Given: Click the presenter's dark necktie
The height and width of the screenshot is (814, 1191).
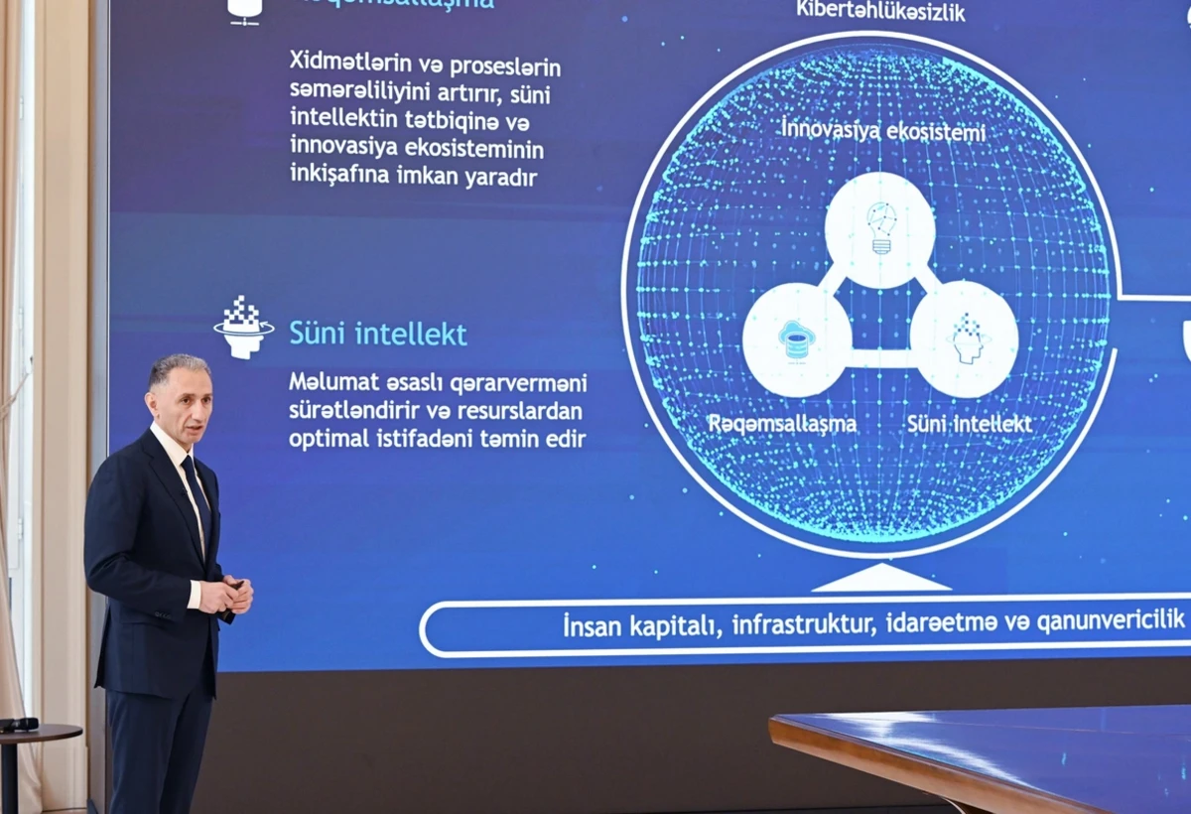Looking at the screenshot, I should pos(196,496).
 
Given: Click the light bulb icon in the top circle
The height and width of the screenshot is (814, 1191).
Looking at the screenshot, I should pos(880,227).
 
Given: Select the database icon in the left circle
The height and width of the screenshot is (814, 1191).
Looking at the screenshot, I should pos(796,339).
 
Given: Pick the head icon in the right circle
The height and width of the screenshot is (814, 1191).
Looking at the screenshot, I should pos(965,338).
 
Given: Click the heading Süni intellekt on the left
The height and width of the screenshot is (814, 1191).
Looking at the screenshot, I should pos(377,334).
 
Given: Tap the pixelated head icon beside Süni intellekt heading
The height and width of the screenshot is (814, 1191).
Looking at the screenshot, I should pos(243,327).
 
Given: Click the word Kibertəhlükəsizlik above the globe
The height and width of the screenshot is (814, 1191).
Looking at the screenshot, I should pos(880,12).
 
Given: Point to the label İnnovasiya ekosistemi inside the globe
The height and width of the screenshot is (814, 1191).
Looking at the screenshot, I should pos(882,130).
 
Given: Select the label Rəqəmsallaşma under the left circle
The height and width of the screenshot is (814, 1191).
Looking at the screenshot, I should pos(782,424).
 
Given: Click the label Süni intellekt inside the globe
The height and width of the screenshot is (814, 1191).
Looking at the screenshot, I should pos(969,424).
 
